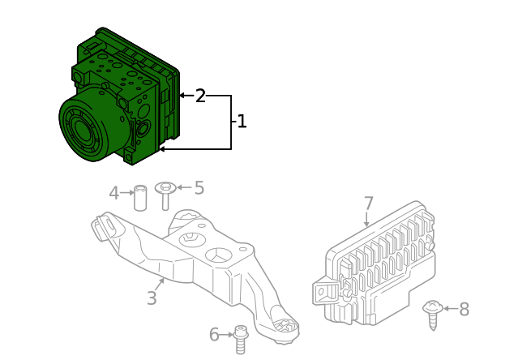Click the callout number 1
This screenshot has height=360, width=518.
(x=242, y=122)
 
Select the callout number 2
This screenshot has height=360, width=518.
(x=200, y=96)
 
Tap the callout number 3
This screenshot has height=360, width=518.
(x=152, y=298)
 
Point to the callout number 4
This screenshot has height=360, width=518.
(x=114, y=193)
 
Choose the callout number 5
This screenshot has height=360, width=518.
(x=199, y=187)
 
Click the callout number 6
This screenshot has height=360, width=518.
(x=214, y=335)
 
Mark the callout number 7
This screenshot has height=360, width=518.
(x=368, y=204)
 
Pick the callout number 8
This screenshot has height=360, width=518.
(x=464, y=309)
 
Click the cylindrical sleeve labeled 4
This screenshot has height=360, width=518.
(x=140, y=198)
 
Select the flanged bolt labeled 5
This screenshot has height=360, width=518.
(x=165, y=195)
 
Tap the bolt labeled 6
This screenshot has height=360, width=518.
(x=241, y=339)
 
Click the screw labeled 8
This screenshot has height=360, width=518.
(x=433, y=315)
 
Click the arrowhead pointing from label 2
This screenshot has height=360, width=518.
(x=182, y=96)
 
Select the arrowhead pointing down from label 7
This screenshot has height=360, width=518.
(x=366, y=224)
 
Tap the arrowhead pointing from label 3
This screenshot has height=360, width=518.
(x=162, y=281)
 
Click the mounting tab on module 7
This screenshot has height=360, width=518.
(x=324, y=292)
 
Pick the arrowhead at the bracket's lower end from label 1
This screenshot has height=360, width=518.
(x=162, y=149)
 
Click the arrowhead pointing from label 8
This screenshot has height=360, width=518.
(x=446, y=308)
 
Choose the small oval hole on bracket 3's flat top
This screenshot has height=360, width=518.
(x=243, y=249)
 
